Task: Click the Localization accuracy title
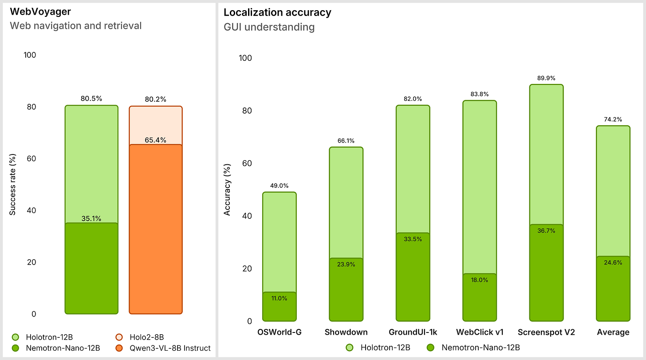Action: tap(277, 12)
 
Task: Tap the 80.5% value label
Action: tap(91, 99)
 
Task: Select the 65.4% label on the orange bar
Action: tap(155, 140)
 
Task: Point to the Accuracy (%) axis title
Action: tap(227, 190)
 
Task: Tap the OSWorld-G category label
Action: tap(279, 332)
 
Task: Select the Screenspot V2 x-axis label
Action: tap(546, 332)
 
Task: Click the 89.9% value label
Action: tap(546, 78)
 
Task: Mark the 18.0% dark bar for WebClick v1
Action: tap(480, 297)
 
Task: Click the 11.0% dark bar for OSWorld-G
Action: tap(279, 306)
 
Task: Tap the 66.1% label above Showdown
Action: tap(346, 140)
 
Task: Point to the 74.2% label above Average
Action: tap(613, 119)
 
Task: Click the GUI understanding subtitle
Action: tap(269, 27)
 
